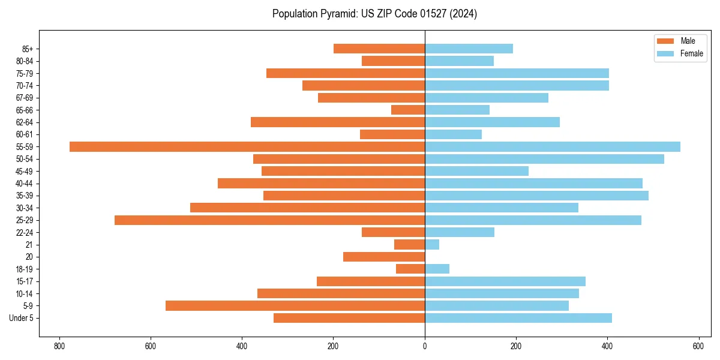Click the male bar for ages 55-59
click(247, 146)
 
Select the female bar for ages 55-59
click(553, 146)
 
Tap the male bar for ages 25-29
click(269, 220)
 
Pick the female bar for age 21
click(432, 245)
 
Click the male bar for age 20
click(384, 257)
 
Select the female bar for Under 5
click(518, 318)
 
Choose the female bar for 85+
click(469, 49)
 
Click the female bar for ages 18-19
click(437, 269)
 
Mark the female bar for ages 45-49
click(476, 171)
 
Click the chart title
click(374, 14)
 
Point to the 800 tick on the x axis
click(59, 346)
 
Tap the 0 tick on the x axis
click(425, 346)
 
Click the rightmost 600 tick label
click(698, 346)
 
